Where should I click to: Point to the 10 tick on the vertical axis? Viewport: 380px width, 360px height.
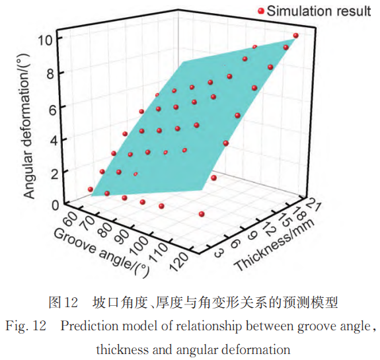click(45, 39)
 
